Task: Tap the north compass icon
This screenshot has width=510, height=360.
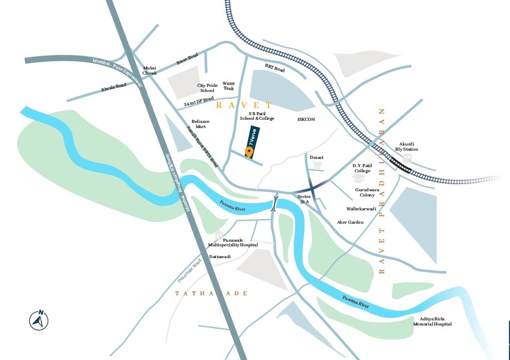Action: tap(39, 320)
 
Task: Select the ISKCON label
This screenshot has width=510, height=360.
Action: tap(306, 119)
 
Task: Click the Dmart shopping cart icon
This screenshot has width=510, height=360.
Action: tap(317, 166)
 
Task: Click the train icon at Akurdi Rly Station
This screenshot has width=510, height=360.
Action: tap(407, 159)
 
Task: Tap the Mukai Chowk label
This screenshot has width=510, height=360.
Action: tap(150, 70)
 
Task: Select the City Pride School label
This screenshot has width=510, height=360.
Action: tap(207, 88)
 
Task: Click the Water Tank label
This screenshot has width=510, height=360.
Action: tap(229, 86)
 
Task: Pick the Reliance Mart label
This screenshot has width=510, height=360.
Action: tap(201, 124)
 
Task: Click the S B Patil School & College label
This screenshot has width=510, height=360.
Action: tap(257, 116)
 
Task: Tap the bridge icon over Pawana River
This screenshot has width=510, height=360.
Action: tap(275, 204)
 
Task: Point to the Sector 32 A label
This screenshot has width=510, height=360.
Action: tap(304, 199)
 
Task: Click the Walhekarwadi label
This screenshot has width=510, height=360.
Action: tap(361, 209)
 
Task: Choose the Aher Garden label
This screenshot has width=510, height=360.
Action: tap(350, 222)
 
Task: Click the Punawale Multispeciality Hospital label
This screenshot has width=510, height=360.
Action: tap(233, 243)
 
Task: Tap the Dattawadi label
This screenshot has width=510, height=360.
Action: tap(220, 256)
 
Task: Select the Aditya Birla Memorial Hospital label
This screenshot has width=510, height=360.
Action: tap(432, 321)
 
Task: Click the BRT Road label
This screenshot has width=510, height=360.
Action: tap(275, 68)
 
